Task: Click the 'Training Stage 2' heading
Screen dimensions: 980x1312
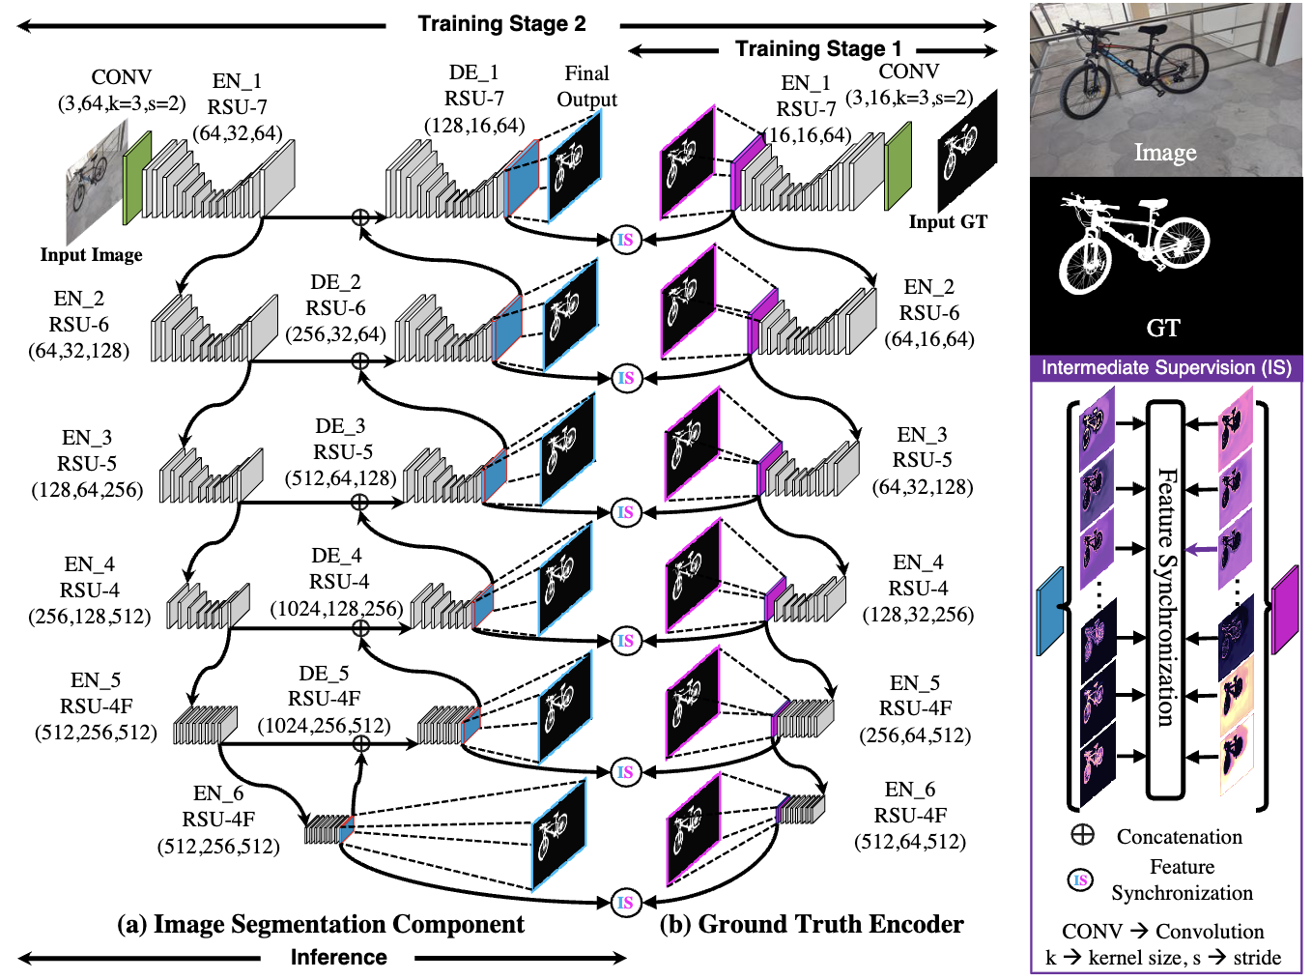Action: (x=501, y=24)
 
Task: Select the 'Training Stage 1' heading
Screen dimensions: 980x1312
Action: (x=817, y=49)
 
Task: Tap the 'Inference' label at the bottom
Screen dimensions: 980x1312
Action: (x=338, y=958)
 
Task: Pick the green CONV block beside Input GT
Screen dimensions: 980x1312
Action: (x=898, y=164)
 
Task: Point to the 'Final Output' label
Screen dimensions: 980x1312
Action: (x=586, y=86)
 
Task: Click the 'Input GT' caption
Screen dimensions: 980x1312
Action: (x=948, y=222)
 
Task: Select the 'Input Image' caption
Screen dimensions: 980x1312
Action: (x=91, y=255)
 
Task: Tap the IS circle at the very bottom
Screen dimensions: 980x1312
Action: (x=626, y=903)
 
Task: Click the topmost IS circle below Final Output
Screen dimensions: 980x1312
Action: (x=626, y=240)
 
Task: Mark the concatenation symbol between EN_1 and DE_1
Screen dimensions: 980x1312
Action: (x=359, y=217)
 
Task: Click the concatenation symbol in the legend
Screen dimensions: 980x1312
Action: (x=1082, y=835)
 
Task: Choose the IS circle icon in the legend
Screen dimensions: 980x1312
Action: (x=1081, y=879)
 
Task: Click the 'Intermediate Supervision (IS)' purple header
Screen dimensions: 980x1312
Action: (x=1165, y=368)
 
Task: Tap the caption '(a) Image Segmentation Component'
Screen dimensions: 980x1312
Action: (x=320, y=925)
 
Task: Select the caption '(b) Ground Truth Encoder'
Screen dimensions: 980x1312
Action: (x=811, y=925)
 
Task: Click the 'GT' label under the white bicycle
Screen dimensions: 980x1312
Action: (x=1163, y=329)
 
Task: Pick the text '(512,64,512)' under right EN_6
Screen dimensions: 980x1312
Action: (x=909, y=842)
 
